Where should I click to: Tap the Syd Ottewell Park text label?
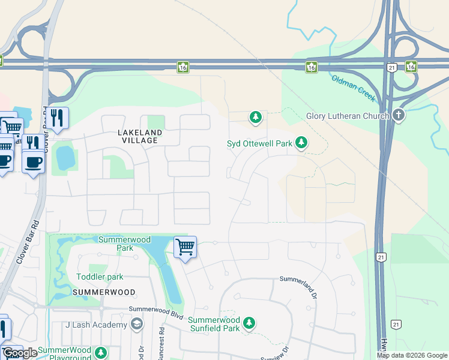tap(259, 143)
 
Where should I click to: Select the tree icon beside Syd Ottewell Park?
tap(301, 143)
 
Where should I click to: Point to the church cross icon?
tap(399, 115)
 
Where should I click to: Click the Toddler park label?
tap(100, 277)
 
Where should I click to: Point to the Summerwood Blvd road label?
tap(155, 310)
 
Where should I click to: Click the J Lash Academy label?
tap(96, 325)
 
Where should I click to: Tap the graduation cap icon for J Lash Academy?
tap(137, 325)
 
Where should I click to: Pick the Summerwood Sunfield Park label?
tap(214, 324)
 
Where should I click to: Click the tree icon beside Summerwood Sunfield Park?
tap(249, 323)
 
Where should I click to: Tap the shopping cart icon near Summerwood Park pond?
tap(185, 247)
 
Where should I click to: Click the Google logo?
tap(20, 353)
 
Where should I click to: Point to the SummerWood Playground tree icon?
tap(102, 352)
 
